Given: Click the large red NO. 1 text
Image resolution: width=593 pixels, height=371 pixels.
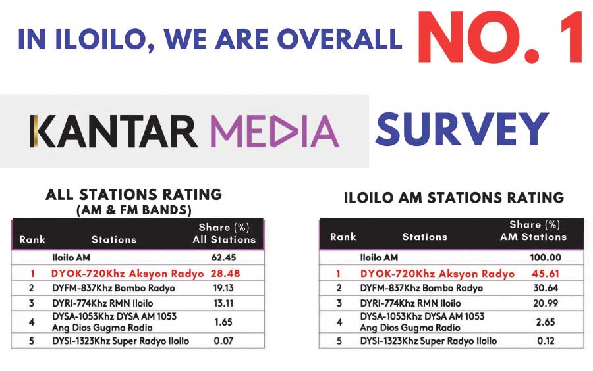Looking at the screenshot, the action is tap(500, 37).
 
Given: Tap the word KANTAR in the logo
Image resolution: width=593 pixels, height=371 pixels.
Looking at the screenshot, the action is tap(113, 132).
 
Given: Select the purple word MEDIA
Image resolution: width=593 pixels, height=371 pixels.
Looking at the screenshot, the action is tap(275, 132).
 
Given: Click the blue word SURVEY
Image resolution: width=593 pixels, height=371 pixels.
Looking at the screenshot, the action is tap(462, 129).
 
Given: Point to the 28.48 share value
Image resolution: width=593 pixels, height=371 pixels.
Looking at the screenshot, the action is tap(225, 273).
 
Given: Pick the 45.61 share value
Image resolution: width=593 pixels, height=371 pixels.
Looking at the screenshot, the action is tap(545, 273).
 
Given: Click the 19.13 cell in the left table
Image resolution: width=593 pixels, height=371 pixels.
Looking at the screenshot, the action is tap(223, 288).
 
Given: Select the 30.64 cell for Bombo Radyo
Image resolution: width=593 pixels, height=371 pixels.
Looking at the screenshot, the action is tap(546, 288).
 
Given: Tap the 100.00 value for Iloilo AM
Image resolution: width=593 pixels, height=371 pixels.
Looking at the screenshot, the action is tap(546, 257).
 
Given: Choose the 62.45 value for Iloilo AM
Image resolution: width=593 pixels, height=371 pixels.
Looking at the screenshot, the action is tap(223, 257).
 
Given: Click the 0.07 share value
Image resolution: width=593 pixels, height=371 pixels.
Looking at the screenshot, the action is tap(223, 341).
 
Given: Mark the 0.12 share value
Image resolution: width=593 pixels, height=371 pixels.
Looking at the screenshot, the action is tap(546, 341).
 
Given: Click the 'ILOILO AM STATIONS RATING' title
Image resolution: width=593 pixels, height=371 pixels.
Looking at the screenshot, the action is tap(454, 197).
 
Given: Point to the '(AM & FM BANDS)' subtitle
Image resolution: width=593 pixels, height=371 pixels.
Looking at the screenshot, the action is tap(134, 210).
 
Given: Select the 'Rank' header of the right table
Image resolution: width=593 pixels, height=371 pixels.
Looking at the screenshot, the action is tap(343, 237).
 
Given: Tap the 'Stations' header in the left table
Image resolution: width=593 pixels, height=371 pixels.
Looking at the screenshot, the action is tap(114, 239).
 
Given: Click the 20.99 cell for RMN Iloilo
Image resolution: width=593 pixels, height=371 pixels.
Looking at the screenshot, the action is tap(546, 303).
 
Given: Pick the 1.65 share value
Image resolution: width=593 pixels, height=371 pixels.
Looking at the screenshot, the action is tap(223, 322).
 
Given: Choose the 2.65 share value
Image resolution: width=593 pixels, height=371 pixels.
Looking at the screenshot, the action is tap(546, 322).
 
